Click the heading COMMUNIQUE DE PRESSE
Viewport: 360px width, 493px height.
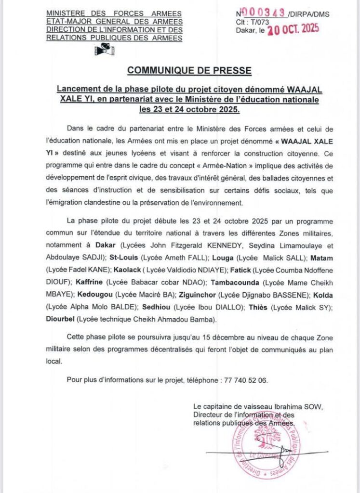point(189,71)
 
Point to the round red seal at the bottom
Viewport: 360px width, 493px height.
point(264,446)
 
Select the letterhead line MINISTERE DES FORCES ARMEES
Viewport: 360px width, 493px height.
point(114,13)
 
